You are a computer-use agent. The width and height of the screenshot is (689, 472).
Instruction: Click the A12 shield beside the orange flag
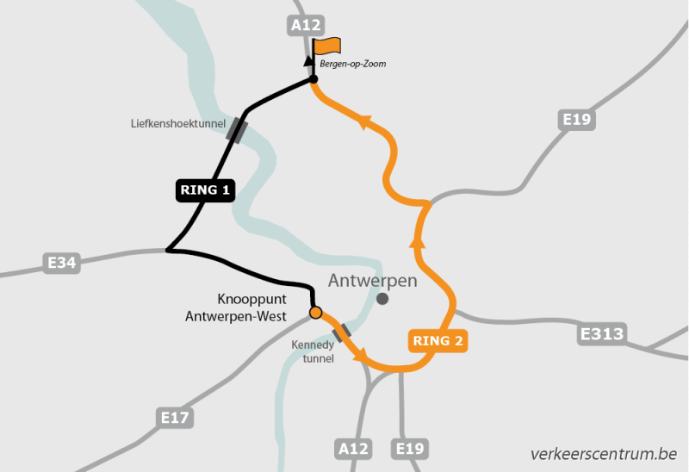306,25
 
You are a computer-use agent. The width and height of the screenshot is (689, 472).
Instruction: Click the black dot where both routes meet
313,81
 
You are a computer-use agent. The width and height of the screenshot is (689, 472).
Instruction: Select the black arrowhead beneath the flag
307,61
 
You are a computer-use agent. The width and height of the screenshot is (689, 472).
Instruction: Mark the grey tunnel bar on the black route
237,129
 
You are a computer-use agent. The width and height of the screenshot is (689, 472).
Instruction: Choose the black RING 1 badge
206,190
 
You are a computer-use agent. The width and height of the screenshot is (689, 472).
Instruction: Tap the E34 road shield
62,263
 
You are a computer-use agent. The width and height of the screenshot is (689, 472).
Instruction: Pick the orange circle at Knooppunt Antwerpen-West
315,313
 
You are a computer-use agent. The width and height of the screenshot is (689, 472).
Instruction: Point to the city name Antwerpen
372,281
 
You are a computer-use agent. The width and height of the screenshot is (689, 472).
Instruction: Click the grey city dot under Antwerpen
382,299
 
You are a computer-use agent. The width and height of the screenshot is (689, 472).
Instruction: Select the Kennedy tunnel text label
312,351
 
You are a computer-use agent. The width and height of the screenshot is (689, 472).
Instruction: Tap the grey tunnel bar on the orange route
341,332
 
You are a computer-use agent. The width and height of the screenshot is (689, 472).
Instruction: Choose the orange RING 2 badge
438,341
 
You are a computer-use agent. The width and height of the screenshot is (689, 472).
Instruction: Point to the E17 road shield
175,419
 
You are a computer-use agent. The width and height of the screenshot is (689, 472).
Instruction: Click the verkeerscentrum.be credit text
604,453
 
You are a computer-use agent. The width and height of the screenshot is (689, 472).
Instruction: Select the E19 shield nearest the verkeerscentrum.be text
410,449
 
